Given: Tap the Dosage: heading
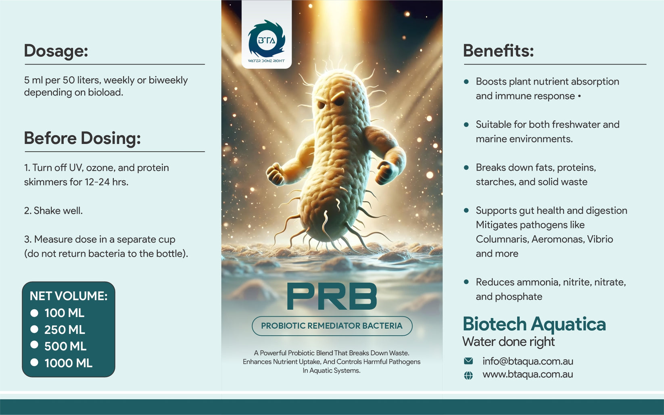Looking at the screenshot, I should (x=56, y=51).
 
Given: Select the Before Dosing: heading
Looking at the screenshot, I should (x=82, y=138).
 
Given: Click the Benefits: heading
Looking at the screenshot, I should (x=498, y=51).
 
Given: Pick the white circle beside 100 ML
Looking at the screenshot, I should (x=34, y=313).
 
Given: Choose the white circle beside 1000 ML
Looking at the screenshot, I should (x=34, y=363).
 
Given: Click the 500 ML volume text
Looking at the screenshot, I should (x=65, y=346).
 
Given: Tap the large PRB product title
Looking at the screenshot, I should (x=332, y=297).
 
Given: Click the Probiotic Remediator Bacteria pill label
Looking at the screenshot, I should (x=332, y=326).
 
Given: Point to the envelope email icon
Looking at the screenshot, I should (x=468, y=361).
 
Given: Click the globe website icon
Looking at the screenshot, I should (x=468, y=375).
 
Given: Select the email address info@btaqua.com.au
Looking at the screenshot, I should (x=528, y=361).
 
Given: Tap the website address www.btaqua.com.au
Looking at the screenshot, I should (x=528, y=374).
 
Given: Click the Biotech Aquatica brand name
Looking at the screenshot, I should (x=534, y=324).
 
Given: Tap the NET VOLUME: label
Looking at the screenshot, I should (x=69, y=296).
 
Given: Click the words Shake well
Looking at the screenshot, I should (x=58, y=211).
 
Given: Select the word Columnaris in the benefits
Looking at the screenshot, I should (x=502, y=239).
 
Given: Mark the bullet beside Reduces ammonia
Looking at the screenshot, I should (x=466, y=282).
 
